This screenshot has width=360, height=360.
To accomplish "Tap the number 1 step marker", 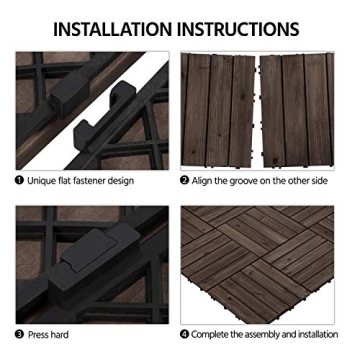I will click(19, 181).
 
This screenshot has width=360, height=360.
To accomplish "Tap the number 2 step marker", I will click(185, 181).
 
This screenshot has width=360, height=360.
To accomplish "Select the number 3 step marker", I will click(19, 332).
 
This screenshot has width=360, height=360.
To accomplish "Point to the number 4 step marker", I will click(185, 332).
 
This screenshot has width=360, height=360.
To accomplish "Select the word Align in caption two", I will click(205, 181).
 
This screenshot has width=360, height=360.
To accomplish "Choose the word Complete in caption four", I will click(214, 332).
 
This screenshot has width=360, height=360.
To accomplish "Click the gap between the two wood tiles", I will click(257, 110).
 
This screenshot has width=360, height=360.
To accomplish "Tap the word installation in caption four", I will click(329, 332).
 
